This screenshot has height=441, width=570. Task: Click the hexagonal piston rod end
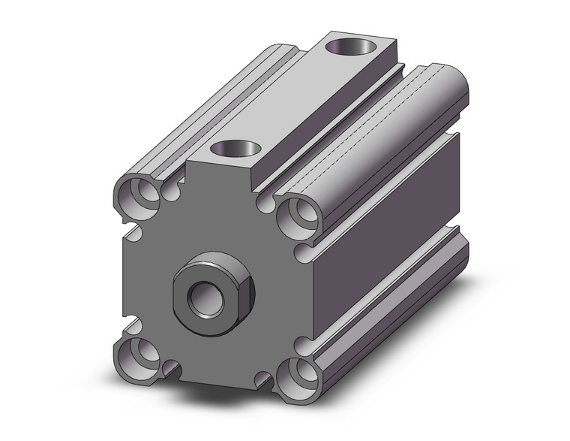click(214, 290)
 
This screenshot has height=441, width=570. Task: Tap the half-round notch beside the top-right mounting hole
click(264, 201)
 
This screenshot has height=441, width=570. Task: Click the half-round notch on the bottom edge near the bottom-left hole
click(172, 367)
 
